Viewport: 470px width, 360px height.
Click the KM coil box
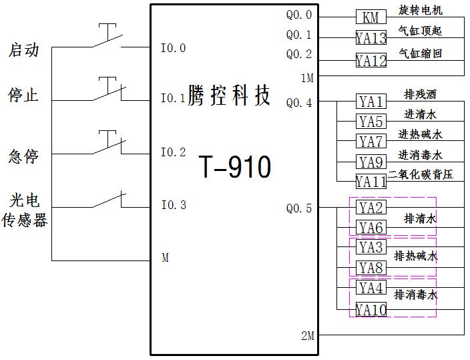point(371,17)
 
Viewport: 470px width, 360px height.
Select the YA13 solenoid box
point(371,39)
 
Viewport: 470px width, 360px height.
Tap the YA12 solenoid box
point(371,61)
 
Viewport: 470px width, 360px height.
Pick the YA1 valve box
point(371,102)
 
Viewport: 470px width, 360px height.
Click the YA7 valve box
point(371,142)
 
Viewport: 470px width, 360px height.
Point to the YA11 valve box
point(371,182)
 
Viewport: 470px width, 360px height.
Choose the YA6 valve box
point(371,228)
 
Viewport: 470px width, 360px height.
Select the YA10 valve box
point(371,310)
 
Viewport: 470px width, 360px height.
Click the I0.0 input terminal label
point(174,48)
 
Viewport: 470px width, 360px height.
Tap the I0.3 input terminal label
point(174,205)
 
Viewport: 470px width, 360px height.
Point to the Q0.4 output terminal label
point(299,103)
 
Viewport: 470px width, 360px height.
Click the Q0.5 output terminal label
point(299,208)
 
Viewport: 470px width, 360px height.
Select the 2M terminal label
point(307,336)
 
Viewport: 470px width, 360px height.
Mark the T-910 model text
point(236,167)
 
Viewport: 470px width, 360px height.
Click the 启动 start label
point(24,50)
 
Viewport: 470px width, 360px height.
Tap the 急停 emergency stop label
point(24,156)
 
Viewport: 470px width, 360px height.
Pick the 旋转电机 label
point(421,11)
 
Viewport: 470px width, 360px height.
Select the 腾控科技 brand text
point(230,96)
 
